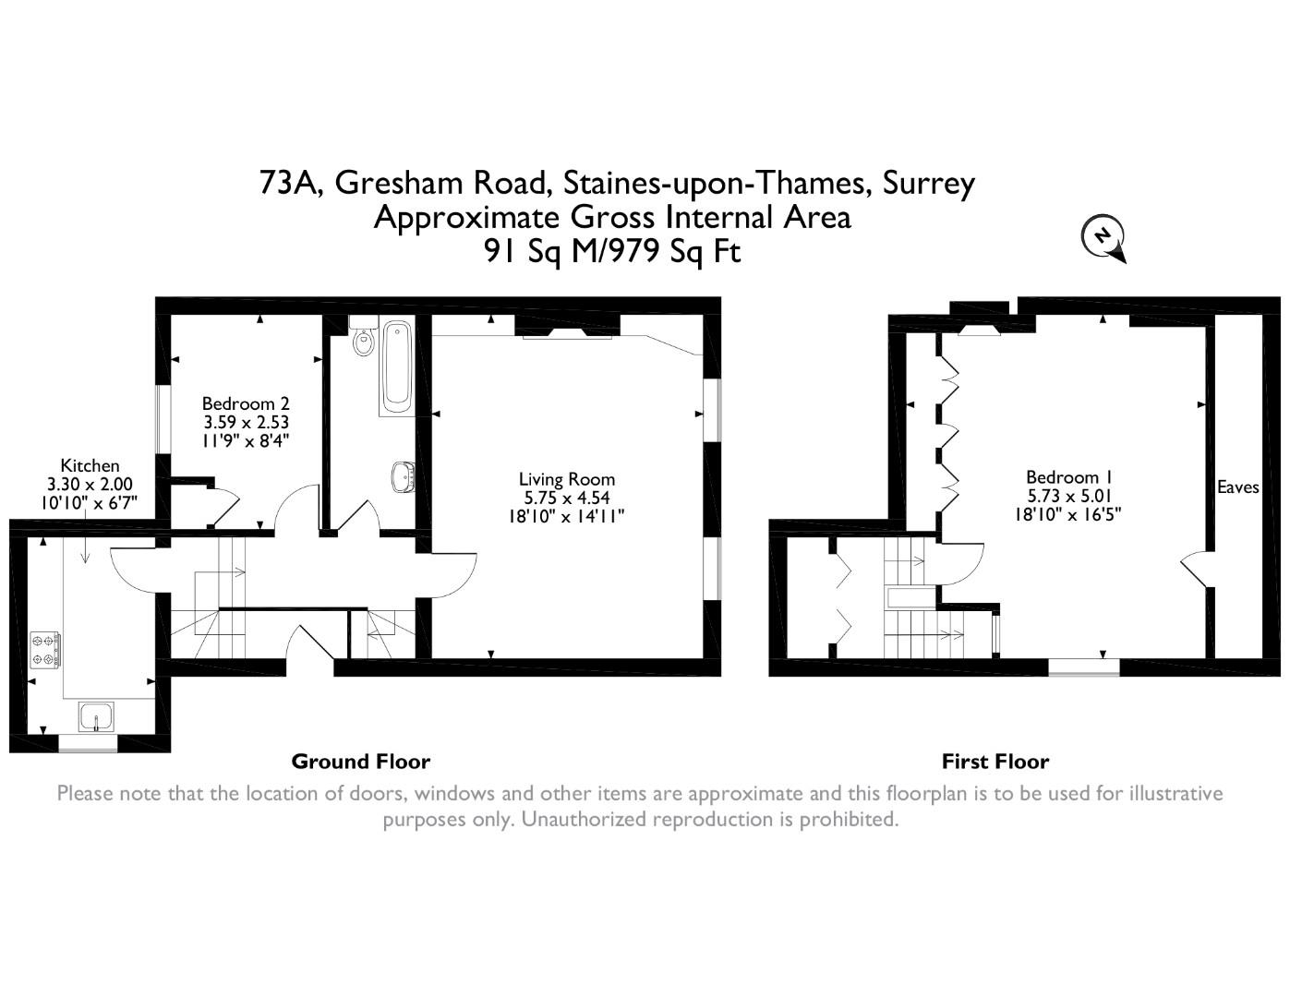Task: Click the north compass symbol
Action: [1103, 237]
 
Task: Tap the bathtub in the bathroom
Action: [397, 367]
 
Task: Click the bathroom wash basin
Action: [403, 476]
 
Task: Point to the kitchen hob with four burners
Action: [45, 648]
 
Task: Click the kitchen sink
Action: [95, 716]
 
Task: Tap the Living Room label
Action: [566, 479]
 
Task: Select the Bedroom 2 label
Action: [246, 403]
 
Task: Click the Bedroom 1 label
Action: [1068, 477]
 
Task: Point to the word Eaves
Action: [1237, 487]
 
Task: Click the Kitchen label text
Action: [90, 465]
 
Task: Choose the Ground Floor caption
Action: [360, 762]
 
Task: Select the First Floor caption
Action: [995, 762]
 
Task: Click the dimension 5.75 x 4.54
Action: [566, 498]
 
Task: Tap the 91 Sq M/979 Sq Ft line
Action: [612, 251]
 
